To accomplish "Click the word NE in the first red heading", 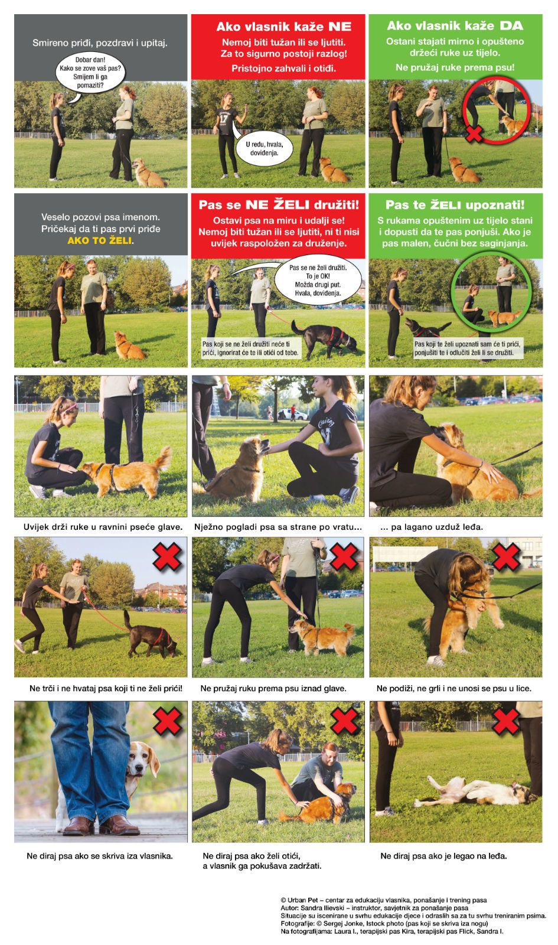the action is coord(340,27).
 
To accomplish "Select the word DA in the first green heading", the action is coord(511,26).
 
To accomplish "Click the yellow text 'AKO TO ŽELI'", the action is coord(100,240).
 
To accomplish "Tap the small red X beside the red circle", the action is coord(474,133).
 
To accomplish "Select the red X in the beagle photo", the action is coord(168,721).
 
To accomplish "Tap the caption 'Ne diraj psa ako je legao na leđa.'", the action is coord(443,856).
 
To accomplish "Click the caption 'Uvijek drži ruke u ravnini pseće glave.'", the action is coord(103,527).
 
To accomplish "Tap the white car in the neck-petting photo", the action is coord(292,415).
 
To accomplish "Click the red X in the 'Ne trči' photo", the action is coord(168,557).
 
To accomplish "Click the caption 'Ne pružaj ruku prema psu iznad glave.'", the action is coord(273,689).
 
